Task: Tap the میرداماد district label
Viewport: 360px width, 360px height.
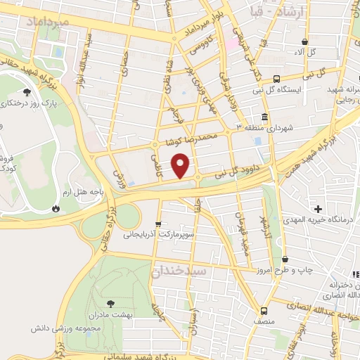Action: pyautogui.click(x=47, y=23)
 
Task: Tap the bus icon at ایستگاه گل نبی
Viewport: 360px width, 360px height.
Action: pyautogui.click(x=277, y=79)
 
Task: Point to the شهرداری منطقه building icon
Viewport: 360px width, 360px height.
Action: pyautogui.click(x=264, y=117)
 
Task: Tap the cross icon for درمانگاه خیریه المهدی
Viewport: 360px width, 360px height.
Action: pyautogui.click(x=319, y=209)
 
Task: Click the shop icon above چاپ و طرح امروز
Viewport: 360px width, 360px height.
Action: pyautogui.click(x=283, y=258)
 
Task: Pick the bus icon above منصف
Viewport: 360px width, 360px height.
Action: pyautogui.click(x=264, y=310)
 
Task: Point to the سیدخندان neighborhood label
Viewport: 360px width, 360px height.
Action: pyautogui.click(x=180, y=270)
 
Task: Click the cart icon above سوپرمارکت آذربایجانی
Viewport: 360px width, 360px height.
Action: pyautogui.click(x=158, y=224)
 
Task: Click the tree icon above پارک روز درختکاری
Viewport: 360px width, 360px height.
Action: pyautogui.click(x=27, y=92)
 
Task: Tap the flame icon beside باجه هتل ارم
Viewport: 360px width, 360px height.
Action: pyautogui.click(x=56, y=208)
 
